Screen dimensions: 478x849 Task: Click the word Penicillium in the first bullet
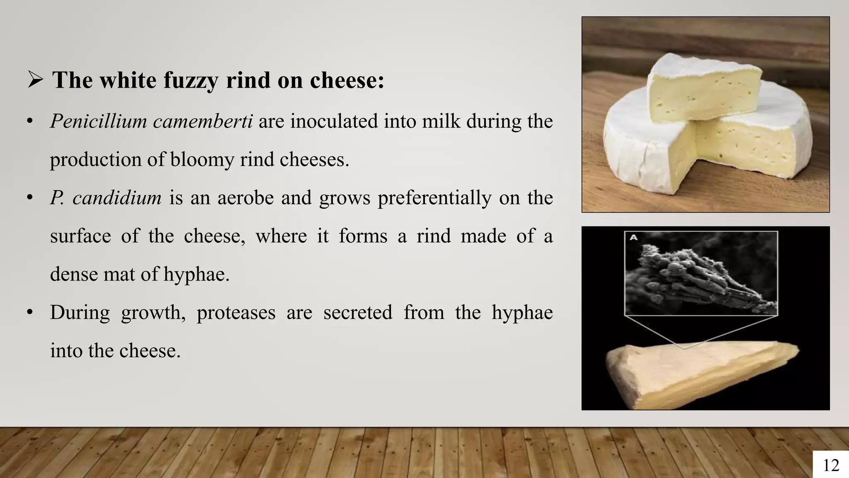coord(98,122)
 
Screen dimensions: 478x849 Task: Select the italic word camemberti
coord(202,122)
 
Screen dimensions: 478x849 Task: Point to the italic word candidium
coord(117,198)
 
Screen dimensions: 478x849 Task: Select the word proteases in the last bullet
coord(236,312)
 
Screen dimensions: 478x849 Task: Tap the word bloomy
coord(202,160)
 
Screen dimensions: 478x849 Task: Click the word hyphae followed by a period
coord(196,274)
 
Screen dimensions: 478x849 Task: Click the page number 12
coord(830,465)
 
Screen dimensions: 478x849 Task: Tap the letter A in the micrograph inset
coord(633,238)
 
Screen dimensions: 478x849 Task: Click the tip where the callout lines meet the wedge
coord(684,348)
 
